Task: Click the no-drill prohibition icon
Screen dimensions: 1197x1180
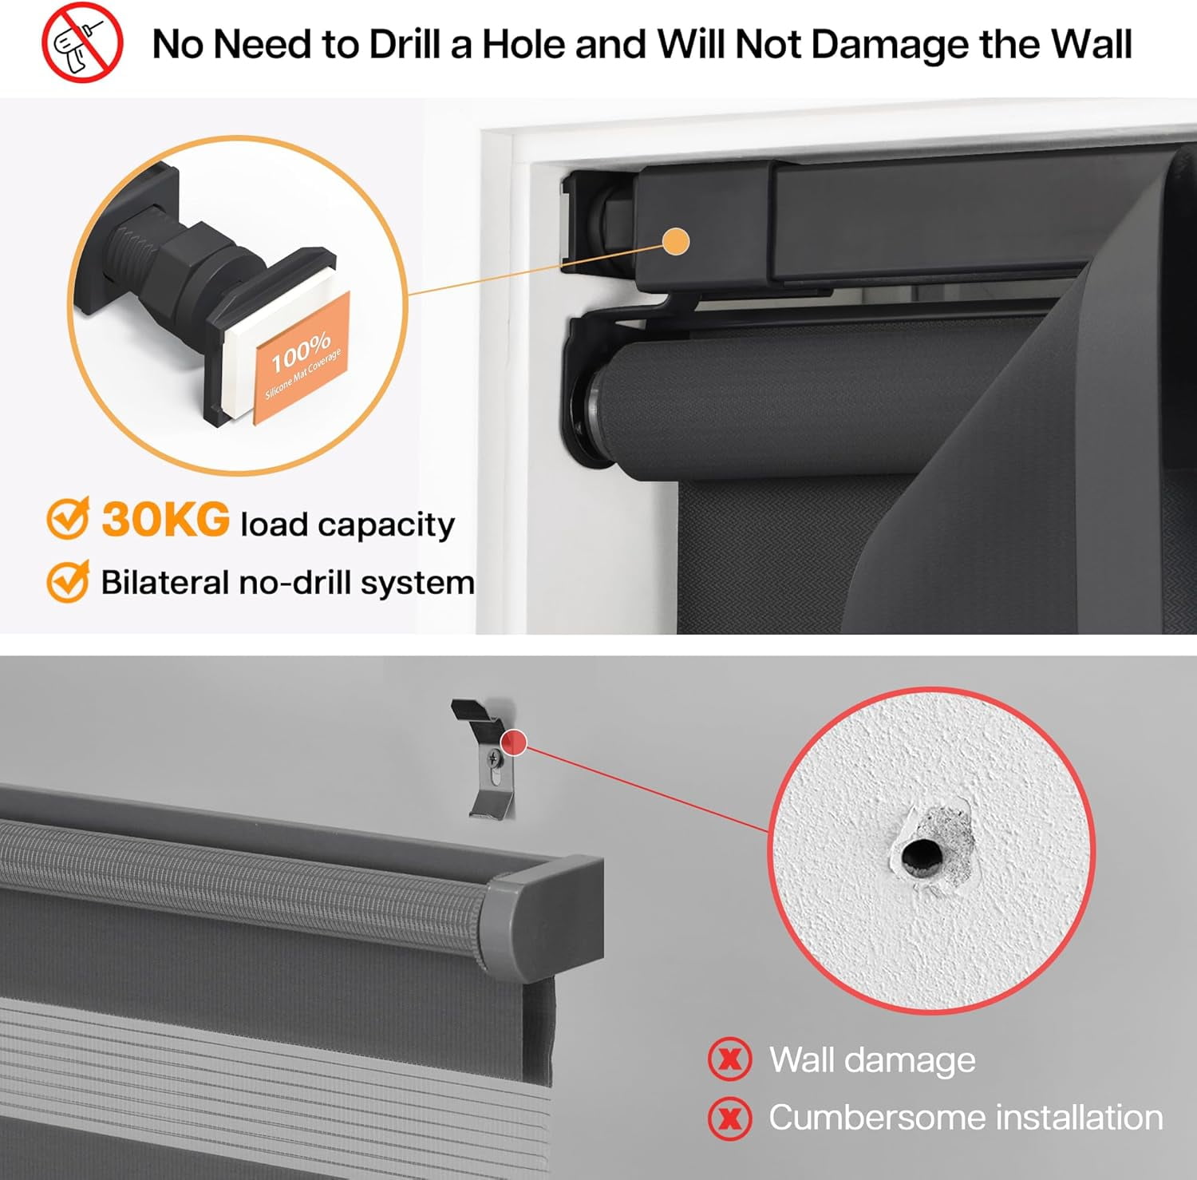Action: (81, 42)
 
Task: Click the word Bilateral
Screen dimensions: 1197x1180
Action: (164, 582)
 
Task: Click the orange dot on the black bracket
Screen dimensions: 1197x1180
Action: (676, 242)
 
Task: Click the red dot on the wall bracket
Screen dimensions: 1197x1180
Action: (515, 743)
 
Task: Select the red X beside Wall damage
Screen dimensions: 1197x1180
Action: (729, 1059)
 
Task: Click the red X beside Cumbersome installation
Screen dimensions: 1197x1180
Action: (729, 1118)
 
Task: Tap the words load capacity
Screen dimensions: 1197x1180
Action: (348, 525)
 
